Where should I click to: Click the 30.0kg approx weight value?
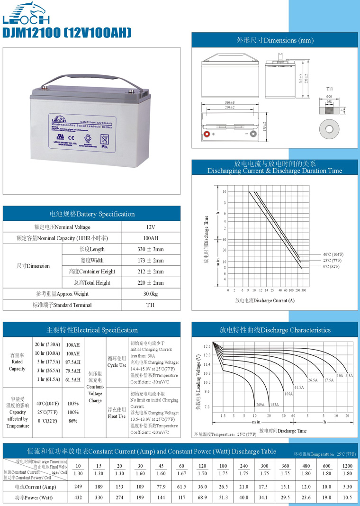point(150,294)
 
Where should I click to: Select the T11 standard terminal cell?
point(150,305)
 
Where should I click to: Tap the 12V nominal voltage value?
point(150,227)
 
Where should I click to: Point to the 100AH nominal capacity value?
point(150,238)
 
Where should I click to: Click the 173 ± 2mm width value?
point(150,261)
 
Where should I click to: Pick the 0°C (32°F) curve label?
point(331,266)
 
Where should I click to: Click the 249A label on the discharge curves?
point(260,405)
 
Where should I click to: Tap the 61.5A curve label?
point(299,388)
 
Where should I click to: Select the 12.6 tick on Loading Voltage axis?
point(207,346)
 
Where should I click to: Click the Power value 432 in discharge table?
point(78,497)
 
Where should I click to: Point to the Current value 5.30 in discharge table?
point(347,487)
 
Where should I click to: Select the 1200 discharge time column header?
point(347,466)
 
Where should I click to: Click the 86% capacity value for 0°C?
point(73,421)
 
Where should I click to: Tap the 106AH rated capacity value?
point(73,345)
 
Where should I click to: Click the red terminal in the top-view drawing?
point(207,134)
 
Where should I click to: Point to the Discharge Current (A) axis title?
point(265,300)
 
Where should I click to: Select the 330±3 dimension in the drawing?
point(230,103)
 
